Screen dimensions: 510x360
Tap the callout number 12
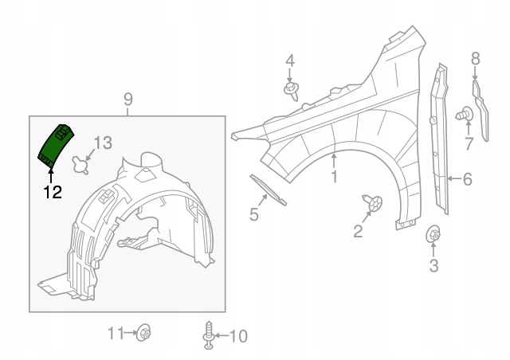(53, 192)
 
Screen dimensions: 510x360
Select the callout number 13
(103, 143)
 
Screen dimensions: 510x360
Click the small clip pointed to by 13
(80, 165)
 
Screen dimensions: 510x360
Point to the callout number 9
(128, 100)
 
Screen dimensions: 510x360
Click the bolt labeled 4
(292, 91)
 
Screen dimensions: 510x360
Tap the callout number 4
(290, 61)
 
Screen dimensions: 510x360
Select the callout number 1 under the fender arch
(334, 176)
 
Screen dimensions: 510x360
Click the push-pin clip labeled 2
(374, 202)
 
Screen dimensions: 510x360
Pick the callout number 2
(358, 231)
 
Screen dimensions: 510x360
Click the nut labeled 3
(433, 233)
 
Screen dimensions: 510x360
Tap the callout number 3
(433, 265)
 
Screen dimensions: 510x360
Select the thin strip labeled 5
(268, 190)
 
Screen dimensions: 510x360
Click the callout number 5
(253, 214)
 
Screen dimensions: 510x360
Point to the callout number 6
(468, 179)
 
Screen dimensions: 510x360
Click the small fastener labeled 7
(465, 115)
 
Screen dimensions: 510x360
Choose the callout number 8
(475, 59)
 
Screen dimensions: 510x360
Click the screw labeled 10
(209, 335)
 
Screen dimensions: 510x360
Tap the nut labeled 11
(143, 332)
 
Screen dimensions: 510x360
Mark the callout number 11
(116, 334)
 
